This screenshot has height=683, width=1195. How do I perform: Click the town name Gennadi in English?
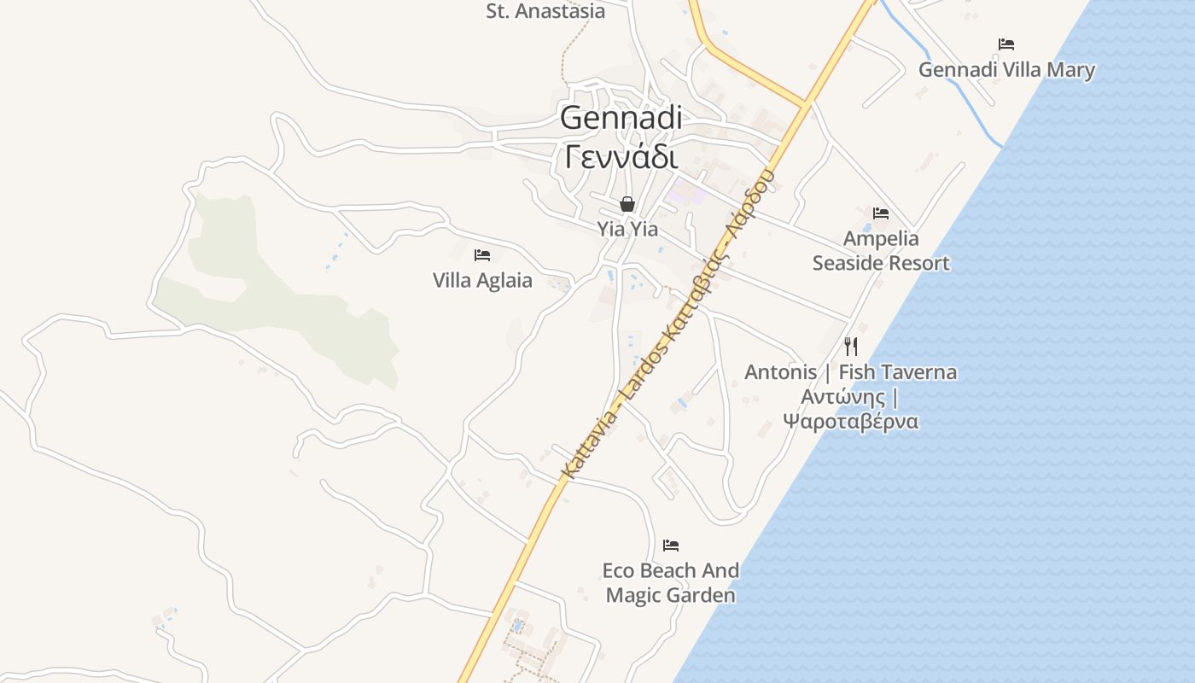tap(621, 118)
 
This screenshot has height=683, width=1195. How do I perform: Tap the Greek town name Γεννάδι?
tap(621, 156)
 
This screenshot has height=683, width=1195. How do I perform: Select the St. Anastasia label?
tap(545, 11)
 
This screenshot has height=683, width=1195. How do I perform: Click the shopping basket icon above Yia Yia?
tap(627, 204)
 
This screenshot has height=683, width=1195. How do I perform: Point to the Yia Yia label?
tap(627, 229)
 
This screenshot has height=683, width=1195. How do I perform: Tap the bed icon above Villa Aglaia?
tap(482, 254)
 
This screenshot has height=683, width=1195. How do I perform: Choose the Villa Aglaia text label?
tap(482, 280)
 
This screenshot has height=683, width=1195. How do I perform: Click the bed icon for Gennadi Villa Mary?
tap(1006, 44)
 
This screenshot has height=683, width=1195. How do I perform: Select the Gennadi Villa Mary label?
tap(1006, 70)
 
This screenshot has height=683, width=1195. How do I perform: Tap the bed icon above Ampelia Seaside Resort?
tap(881, 213)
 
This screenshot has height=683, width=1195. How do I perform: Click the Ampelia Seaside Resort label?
tap(881, 251)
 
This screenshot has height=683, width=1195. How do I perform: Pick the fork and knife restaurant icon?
tap(850, 346)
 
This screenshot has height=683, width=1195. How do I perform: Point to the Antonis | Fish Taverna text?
tap(850, 372)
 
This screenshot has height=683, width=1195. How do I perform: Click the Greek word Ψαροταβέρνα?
tap(850, 421)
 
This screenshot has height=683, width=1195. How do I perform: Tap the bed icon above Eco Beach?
tap(671, 545)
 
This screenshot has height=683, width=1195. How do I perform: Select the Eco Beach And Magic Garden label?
tap(671, 582)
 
